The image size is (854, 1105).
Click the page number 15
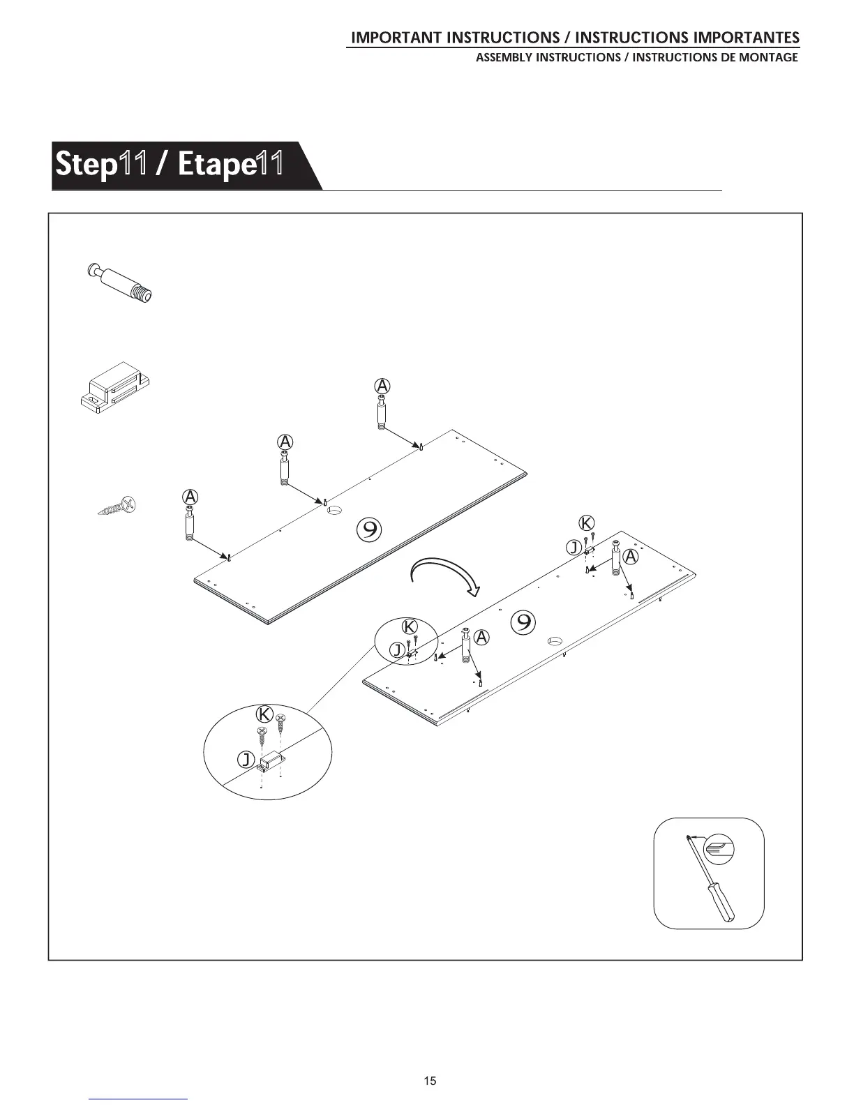pos(430,1081)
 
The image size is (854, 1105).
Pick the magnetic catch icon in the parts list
pos(114,387)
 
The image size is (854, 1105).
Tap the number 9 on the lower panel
pos(523,622)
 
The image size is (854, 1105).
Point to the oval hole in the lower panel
pos(555,640)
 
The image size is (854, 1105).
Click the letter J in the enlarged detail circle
pos(246,760)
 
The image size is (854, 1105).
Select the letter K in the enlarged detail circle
pos(264,715)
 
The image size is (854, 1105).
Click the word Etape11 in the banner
pos(230,165)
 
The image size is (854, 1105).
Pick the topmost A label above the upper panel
pos(382,386)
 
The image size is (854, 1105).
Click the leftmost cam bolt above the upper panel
pos(190,523)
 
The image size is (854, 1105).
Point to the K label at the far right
pos(587,523)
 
